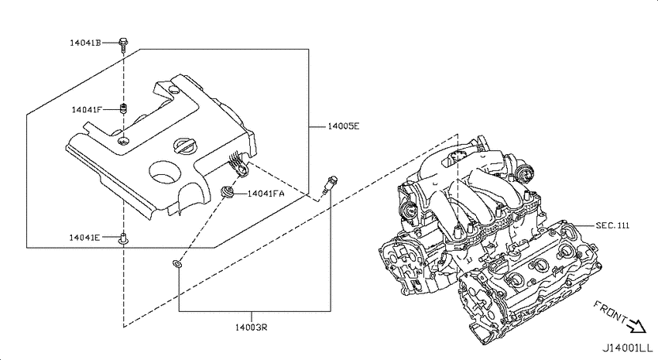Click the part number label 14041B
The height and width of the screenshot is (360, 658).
point(85,43)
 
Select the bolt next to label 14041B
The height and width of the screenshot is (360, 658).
point(122,46)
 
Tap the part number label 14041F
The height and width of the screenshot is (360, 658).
point(87,110)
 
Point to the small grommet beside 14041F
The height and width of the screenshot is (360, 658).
point(123,108)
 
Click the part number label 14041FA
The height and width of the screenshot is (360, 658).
point(266,194)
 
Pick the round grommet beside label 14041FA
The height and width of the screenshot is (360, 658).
point(228,192)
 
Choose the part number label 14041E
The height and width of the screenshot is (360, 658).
point(84,238)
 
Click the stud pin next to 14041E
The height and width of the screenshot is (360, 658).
point(123,238)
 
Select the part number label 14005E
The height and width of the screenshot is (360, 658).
point(343,126)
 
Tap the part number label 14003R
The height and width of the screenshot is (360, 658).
point(251,327)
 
